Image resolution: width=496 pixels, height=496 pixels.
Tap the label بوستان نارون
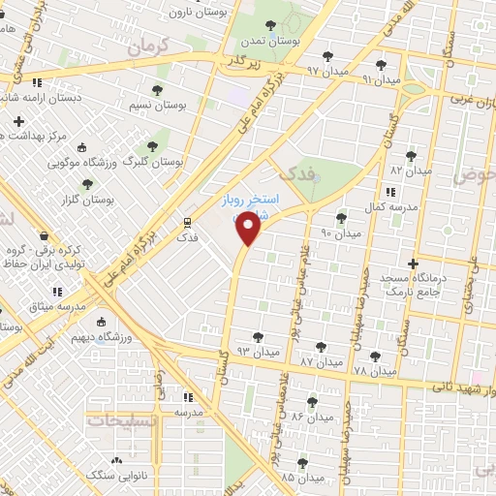pos(196,12)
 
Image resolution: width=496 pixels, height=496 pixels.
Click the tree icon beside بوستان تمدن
pos(269,25)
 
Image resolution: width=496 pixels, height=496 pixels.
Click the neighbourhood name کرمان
pos(148,45)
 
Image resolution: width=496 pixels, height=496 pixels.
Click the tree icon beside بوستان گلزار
pos(87,183)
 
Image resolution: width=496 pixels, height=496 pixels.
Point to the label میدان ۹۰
pos(340,233)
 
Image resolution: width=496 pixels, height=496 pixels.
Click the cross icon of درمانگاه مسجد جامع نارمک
pos(414,263)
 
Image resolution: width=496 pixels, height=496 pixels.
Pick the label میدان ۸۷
pos(322,361)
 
